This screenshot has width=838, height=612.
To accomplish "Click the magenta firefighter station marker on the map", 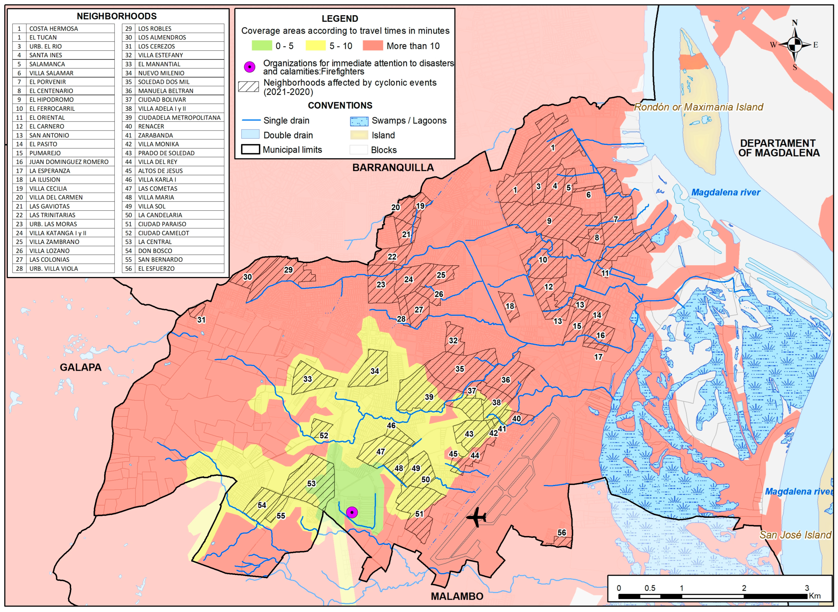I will tap(352, 512).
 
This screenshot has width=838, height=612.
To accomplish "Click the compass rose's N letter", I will tap(795, 23).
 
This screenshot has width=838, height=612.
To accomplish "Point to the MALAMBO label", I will tap(457, 596).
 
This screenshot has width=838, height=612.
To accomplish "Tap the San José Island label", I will tap(795, 535).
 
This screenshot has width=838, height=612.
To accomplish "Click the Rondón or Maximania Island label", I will tap(698, 107).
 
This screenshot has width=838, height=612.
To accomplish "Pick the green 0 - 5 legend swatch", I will tap(262, 46).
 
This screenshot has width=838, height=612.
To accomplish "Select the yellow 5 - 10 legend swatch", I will tap(315, 46).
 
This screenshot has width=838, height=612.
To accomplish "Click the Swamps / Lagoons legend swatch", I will tap(359, 121).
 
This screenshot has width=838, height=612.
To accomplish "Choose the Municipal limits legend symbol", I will tap(250, 150).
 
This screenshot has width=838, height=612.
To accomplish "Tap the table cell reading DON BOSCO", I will tap(155, 251).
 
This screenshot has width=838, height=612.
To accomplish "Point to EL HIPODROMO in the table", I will tap(52, 100).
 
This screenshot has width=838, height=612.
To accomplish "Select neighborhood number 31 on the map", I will tap(201, 320).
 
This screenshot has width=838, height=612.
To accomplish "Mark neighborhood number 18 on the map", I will tap(510, 306).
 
